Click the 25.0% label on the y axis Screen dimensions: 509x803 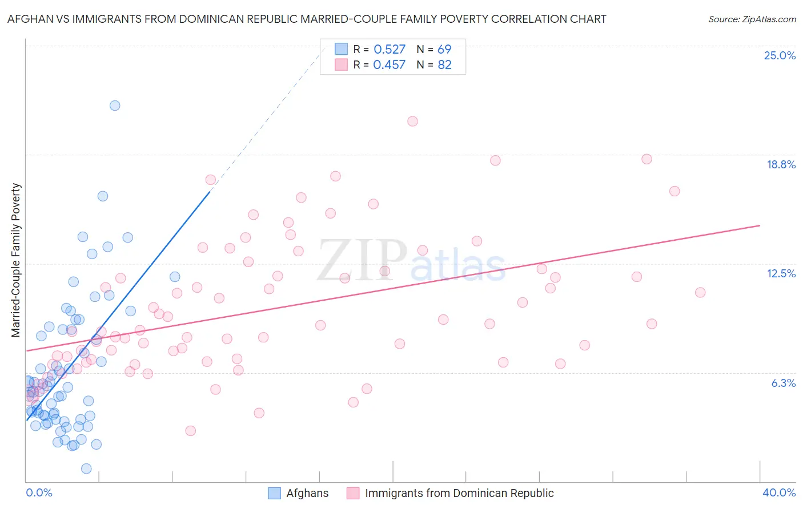(x=780, y=55)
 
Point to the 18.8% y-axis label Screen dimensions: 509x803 (x=781, y=164)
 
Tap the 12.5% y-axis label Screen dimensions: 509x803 (x=781, y=273)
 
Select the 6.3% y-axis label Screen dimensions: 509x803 (x=783, y=383)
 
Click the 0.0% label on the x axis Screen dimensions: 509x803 (x=39, y=492)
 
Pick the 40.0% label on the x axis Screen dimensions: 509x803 (x=778, y=492)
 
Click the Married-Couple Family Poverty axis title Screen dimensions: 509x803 (x=16, y=260)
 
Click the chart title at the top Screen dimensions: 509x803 (x=307, y=19)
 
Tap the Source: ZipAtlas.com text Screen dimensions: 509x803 (x=752, y=19)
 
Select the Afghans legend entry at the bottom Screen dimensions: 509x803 (x=307, y=493)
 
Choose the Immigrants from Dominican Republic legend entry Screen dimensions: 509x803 (x=459, y=493)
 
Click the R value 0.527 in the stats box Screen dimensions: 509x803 (x=389, y=49)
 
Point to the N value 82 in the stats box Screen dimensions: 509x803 (x=444, y=64)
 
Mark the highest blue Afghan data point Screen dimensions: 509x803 (x=115, y=106)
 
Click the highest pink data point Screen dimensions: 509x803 (x=412, y=121)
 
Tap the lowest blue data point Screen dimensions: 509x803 (x=86, y=468)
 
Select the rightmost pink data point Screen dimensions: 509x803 (x=700, y=292)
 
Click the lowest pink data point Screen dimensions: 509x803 (x=191, y=431)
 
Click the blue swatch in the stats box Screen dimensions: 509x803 (x=341, y=49)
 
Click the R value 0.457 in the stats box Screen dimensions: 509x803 (x=389, y=64)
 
